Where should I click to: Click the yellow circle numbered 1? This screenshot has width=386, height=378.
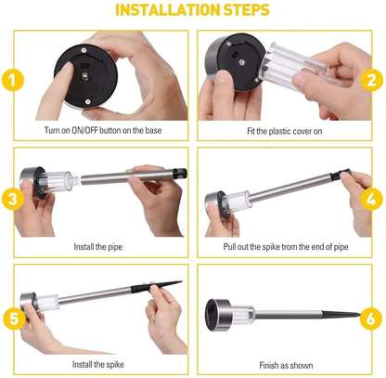click(13, 80)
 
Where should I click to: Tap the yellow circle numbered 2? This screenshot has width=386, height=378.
click(371, 80)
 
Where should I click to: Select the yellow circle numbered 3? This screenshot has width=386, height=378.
click(13, 199)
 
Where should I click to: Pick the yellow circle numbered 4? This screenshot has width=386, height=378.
click(371, 200)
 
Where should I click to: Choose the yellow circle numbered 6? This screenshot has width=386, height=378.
click(370, 319)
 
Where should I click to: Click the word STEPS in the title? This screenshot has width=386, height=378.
click(247, 10)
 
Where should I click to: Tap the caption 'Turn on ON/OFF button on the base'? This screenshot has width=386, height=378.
click(103, 130)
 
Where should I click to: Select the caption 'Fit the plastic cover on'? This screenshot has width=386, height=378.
click(285, 131)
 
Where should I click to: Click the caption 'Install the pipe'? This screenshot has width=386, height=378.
click(98, 247)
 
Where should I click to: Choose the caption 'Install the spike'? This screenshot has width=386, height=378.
click(98, 364)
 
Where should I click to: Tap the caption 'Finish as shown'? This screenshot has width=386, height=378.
click(286, 365)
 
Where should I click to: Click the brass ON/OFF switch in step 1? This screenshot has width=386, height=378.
click(84, 76)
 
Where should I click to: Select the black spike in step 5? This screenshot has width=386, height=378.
click(157, 287)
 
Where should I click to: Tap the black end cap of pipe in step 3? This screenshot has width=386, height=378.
click(180, 173)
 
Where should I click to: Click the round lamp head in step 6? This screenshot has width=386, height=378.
click(218, 315)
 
